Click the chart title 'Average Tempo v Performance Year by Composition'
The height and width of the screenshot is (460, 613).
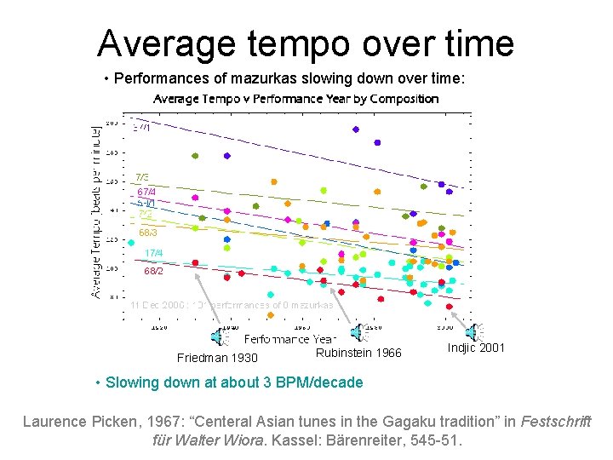[295, 99]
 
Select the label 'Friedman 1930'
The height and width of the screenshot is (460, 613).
[217, 358]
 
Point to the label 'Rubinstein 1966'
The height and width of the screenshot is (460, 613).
[358, 353]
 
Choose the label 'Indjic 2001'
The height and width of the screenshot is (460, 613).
[475, 348]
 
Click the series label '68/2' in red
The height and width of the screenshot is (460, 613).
[154, 272]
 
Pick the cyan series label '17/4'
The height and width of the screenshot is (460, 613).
[153, 253]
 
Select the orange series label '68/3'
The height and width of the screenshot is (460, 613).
[148, 232]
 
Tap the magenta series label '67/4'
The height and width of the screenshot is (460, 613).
[146, 192]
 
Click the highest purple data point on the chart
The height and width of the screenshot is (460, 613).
[355, 129]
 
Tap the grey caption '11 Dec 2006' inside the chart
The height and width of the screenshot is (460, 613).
[154, 304]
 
